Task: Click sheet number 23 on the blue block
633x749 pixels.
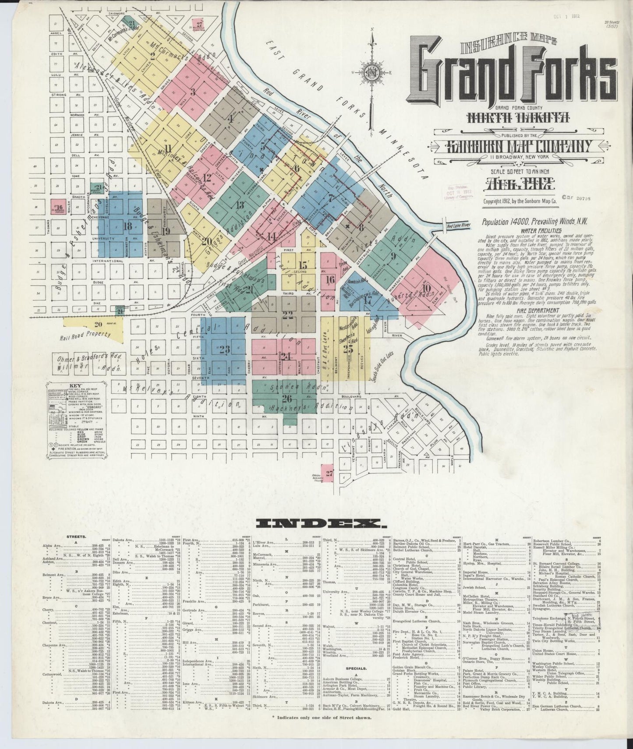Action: pyautogui.click(x=224, y=349)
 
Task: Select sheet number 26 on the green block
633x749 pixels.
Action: pyautogui.click(x=287, y=398)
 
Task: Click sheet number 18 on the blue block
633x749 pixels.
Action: pyautogui.click(x=127, y=226)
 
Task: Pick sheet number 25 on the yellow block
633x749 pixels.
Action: pyautogui.click(x=348, y=349)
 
